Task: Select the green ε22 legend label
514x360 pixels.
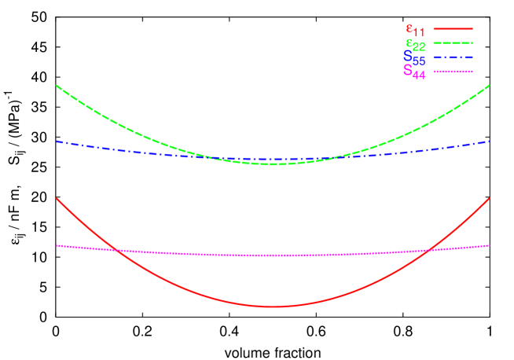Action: tap(415, 44)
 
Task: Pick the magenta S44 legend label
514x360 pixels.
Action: tap(413, 71)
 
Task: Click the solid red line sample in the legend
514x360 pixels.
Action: tap(453, 28)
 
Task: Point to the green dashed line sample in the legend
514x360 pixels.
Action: tap(453, 42)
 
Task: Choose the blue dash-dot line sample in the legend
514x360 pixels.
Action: tap(453, 57)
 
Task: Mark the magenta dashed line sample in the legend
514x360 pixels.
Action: tap(453, 72)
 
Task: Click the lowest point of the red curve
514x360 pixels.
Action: tap(273, 306)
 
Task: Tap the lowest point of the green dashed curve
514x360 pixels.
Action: tap(273, 163)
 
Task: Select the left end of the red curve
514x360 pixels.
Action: tap(57, 198)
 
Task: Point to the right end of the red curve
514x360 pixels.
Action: tap(490, 198)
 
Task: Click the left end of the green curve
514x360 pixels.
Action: tap(57, 85)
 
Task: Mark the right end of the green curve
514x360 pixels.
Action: tap(490, 85)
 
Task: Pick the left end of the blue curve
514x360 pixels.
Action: tap(57, 141)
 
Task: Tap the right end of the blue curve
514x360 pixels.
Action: tap(490, 141)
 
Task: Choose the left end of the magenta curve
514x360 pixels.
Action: tap(57, 245)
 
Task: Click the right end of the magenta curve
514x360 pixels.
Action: tap(490, 245)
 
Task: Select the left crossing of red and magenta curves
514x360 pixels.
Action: tap(116, 250)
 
